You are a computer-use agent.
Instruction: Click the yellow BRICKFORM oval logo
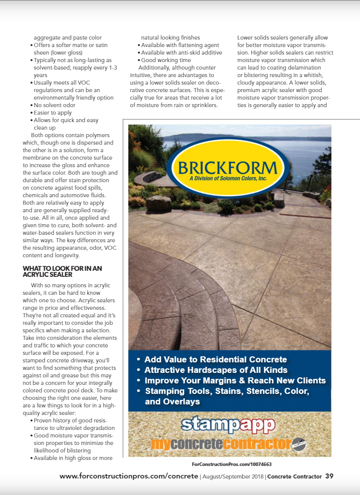pos(228,167)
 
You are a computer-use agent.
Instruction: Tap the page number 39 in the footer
pos(329,476)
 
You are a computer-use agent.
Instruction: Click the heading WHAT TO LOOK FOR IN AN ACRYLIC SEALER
pos(62,271)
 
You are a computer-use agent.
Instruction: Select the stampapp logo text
pos(228,424)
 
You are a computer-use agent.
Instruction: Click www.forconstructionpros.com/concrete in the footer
pos(129,476)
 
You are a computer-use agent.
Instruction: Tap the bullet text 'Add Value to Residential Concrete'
pos(215,359)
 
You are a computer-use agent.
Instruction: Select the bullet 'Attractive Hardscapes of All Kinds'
pos(216,370)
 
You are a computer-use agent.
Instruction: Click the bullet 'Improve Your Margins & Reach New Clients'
pos(235,380)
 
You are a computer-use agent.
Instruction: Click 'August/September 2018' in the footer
pos(233,476)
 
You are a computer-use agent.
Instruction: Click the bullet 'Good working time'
pos(166,60)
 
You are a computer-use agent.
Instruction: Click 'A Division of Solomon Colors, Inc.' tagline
pos(228,179)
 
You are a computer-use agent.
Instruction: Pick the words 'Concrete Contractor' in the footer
pos(294,476)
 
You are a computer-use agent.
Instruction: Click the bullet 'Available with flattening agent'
pos(180,45)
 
